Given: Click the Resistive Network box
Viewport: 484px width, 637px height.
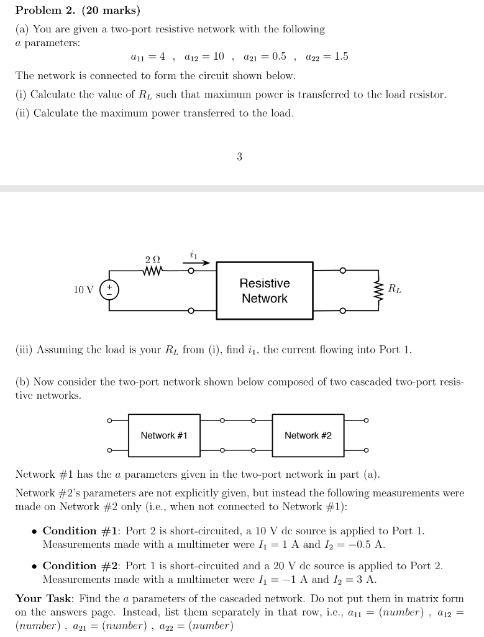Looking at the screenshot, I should (265, 291).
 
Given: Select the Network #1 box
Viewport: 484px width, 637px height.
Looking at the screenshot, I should (164, 435).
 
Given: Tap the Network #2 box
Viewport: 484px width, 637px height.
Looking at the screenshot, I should (308, 435).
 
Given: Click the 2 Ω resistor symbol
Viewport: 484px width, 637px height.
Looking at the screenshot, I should (153, 271).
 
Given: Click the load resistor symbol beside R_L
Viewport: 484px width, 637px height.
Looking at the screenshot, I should (378, 290).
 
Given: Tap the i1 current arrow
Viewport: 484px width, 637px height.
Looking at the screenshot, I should (196, 263).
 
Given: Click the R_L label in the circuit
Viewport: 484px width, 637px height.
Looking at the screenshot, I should (395, 288).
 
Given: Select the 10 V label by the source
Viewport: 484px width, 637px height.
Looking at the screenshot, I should (83, 290).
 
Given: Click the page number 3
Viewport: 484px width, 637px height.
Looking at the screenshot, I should (239, 157).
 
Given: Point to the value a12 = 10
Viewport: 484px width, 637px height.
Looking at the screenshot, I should (204, 57).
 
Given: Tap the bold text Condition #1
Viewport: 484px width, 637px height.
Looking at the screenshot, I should (81, 531).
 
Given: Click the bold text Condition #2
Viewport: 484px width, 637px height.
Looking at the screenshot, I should (81, 565).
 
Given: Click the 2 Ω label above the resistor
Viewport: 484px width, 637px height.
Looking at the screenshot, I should (152, 259).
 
